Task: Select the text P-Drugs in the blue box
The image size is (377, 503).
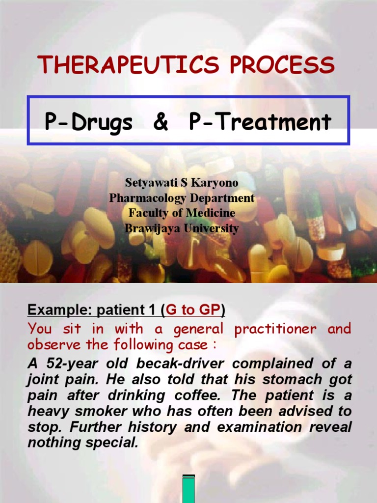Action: [88, 121]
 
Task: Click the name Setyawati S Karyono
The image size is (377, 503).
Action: [182, 183]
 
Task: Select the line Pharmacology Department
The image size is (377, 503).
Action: [182, 198]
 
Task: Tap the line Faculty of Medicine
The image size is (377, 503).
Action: [182, 213]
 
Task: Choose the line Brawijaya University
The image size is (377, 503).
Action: [182, 228]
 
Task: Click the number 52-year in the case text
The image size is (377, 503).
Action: [72, 364]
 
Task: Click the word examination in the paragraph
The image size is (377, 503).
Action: [259, 427]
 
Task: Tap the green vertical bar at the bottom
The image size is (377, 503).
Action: [188, 489]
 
